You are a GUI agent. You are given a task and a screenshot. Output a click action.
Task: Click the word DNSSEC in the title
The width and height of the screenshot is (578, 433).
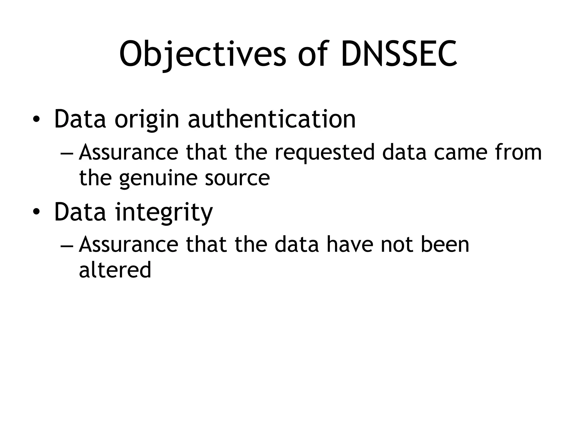[399, 54]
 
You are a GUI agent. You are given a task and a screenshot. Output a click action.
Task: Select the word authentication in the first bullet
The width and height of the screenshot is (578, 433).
[272, 119]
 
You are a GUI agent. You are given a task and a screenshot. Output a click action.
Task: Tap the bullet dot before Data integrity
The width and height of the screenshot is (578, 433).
[36, 212]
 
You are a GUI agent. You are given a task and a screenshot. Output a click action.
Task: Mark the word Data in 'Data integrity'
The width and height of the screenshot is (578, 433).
[80, 212]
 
